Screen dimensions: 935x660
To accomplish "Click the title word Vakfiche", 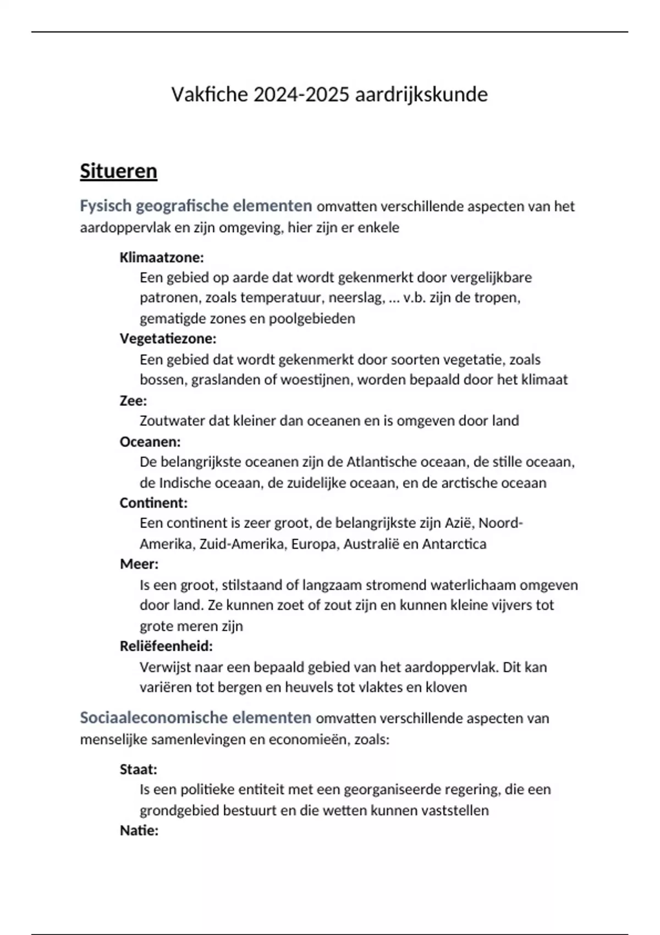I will (210, 95).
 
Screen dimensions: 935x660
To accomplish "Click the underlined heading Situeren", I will (118, 171).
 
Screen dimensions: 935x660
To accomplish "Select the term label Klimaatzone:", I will (162, 257).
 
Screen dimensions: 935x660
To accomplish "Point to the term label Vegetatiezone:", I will (168, 338).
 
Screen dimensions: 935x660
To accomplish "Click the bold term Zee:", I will (133, 400).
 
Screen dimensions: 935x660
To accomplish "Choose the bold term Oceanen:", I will (150, 442).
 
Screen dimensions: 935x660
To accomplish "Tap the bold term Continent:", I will (153, 503).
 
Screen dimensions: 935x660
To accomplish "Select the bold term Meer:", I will (139, 564).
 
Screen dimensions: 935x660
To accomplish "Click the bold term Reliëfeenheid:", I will (166, 646).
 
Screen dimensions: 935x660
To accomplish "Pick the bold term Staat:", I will (139, 769).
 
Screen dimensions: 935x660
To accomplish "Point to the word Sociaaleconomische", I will (153, 718).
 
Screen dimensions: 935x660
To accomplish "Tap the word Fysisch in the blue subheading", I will (106, 206).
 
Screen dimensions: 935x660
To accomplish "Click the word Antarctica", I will (454, 544).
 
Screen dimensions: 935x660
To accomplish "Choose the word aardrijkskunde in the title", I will (421, 95).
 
